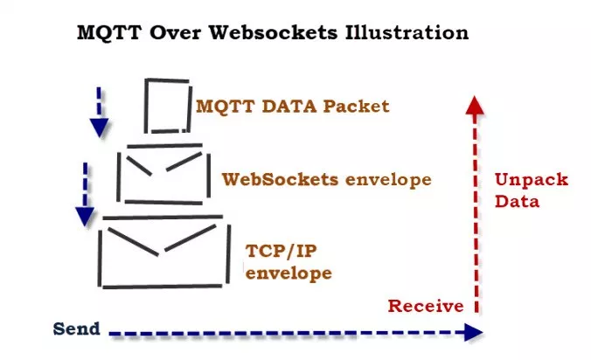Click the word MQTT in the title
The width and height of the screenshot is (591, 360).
pyautogui.click(x=109, y=32)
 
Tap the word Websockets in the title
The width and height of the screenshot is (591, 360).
pyautogui.click(x=274, y=32)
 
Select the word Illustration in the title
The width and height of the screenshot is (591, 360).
pyautogui.click(x=407, y=32)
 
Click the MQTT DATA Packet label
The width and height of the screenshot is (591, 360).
pyautogui.click(x=293, y=107)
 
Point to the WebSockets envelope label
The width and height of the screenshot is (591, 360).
pyautogui.click(x=326, y=180)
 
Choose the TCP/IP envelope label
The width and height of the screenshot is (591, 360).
pyautogui.click(x=289, y=262)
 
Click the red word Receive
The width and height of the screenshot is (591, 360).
pyautogui.click(x=426, y=306)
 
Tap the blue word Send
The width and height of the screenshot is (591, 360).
pyautogui.click(x=77, y=329)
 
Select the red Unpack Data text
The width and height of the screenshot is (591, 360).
pyautogui.click(x=532, y=190)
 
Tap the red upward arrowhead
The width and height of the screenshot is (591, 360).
pyautogui.click(x=475, y=105)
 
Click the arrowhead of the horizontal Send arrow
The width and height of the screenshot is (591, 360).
pyautogui.click(x=473, y=332)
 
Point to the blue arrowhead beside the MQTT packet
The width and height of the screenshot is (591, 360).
pyautogui.click(x=99, y=128)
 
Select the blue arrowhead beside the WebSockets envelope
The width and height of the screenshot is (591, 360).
pyautogui.click(x=85, y=217)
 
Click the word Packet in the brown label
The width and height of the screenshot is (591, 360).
pyautogui.click(x=356, y=107)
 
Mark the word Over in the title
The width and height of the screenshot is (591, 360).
pyautogui.click(x=175, y=32)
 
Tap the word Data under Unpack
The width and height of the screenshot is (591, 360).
pyautogui.click(x=518, y=202)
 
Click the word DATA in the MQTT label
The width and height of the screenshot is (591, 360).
pyautogui.click(x=289, y=107)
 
